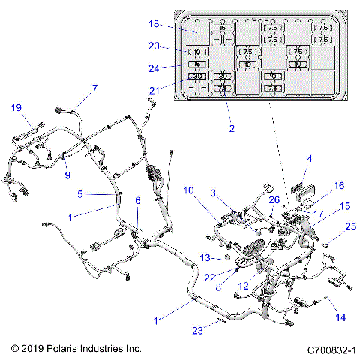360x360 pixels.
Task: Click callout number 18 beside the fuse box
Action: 154,25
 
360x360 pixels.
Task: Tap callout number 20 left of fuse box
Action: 154,46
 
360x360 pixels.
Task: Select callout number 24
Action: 154,66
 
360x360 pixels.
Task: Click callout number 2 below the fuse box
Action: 232,128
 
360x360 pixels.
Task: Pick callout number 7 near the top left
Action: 94,88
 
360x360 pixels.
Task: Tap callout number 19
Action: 16,107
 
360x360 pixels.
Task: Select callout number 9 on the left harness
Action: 67,175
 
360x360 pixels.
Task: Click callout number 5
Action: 81,193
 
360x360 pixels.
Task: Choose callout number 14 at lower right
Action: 340,317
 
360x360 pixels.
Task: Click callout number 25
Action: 351,226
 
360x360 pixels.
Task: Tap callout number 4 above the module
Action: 309,158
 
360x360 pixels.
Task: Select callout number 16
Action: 339,185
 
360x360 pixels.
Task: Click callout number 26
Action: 274,199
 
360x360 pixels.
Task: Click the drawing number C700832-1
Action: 330,349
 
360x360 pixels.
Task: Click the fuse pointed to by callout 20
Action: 196,52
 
